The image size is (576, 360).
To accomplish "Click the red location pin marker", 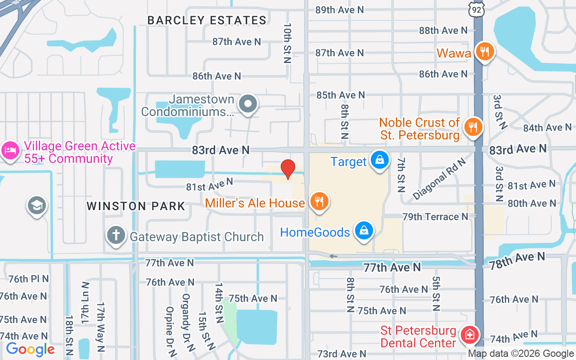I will pyautogui.click(x=288, y=169).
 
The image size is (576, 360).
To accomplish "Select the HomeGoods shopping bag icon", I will pyautogui.click(x=364, y=230).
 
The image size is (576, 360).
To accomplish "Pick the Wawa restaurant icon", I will pyautogui.click(x=485, y=51).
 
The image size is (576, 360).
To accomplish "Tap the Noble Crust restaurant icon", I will pyautogui.click(x=472, y=127).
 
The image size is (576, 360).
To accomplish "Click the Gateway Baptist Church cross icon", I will pyautogui.click(x=116, y=235).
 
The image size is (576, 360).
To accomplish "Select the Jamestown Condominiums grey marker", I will pyautogui.click(x=247, y=104).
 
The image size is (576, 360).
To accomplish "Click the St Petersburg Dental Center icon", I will pyautogui.click(x=468, y=335).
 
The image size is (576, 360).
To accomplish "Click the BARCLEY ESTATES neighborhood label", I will pyautogui.click(x=207, y=20).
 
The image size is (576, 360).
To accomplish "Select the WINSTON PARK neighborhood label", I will pyautogui.click(x=136, y=206).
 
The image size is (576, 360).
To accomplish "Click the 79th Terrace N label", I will pyautogui.click(x=436, y=217).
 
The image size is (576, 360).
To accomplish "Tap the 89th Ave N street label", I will pyautogui.click(x=339, y=9).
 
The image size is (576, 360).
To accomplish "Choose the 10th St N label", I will pyautogui.click(x=288, y=43).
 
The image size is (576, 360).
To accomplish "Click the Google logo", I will pyautogui.click(x=30, y=349).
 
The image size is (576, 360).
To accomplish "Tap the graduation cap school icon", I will pyautogui.click(x=37, y=206).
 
